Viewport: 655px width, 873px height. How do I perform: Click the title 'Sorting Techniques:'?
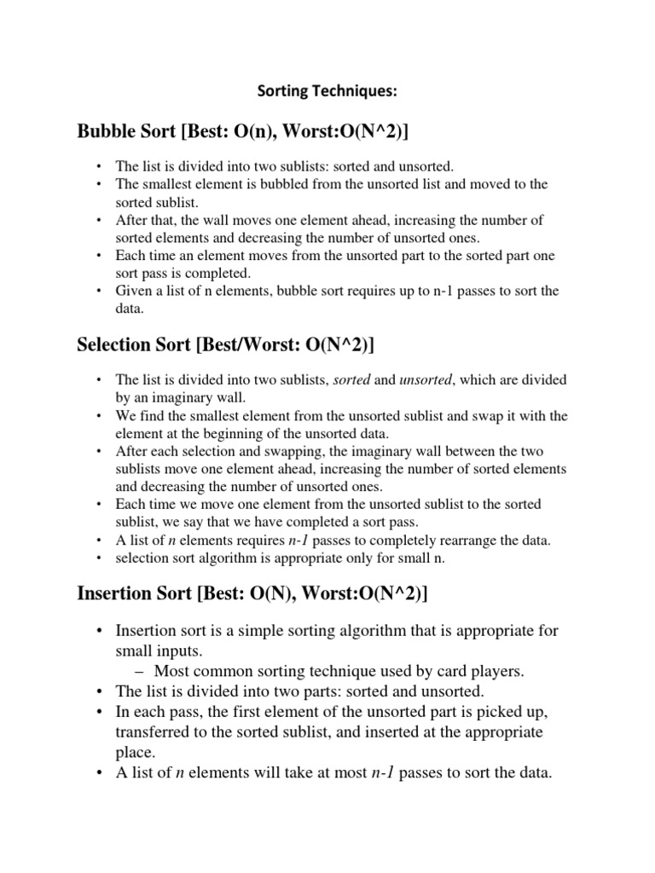click(327, 90)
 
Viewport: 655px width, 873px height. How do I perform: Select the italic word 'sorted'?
click(352, 379)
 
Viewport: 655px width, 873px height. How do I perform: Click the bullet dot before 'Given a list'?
click(99, 291)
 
